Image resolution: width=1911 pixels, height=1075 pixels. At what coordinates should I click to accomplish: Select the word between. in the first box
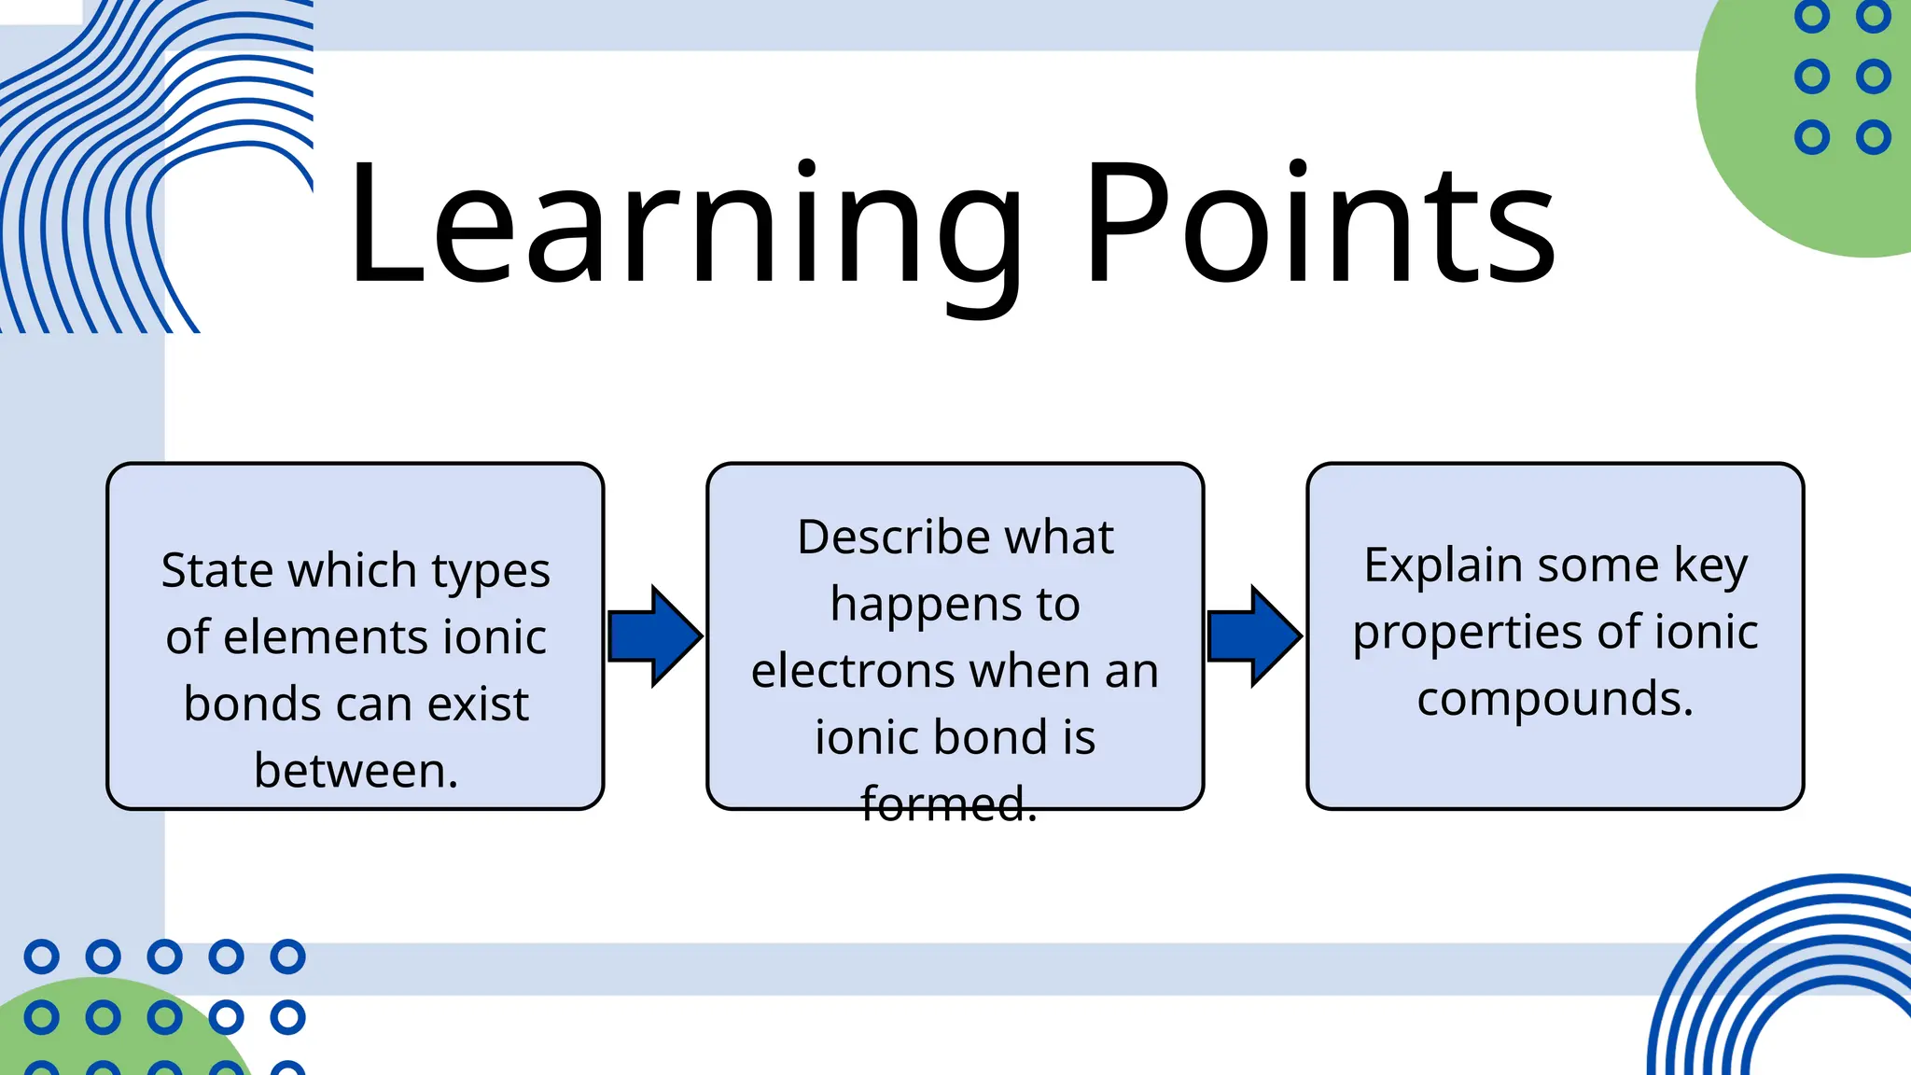pyautogui.click(x=356, y=771)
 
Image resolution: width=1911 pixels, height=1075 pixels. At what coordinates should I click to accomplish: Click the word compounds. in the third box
pyautogui.click(x=1555, y=699)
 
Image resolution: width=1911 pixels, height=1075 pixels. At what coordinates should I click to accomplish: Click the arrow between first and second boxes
pyautogui.click(x=654, y=636)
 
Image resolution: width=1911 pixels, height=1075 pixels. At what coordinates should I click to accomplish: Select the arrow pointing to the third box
pyautogui.click(x=1254, y=636)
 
